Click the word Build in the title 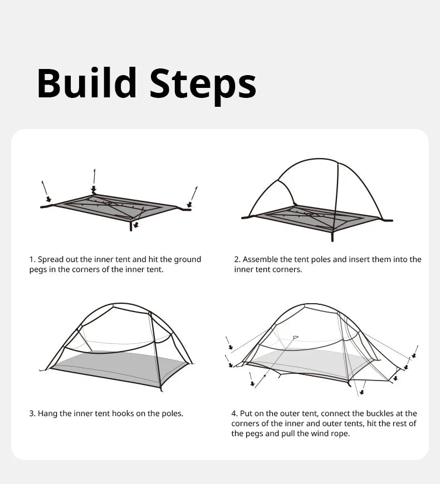coord(86,83)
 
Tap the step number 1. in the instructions coord(32,259)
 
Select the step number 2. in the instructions coord(237,259)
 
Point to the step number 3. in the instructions coord(32,413)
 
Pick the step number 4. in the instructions coord(234,413)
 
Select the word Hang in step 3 coord(47,413)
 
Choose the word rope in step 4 coord(340,433)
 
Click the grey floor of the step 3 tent coord(120,364)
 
